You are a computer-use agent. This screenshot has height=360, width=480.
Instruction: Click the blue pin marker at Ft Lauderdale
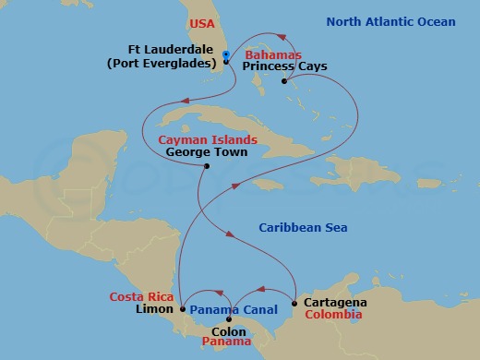pos(226,57)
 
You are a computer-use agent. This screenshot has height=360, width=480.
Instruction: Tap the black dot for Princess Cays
pos(283,81)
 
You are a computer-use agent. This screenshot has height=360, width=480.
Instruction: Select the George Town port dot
pos(206,167)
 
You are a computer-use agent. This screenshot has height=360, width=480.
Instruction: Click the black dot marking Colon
pos(229,319)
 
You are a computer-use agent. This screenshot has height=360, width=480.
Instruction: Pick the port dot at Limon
pos(182,309)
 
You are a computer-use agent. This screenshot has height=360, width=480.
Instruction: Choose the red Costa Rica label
pos(140,296)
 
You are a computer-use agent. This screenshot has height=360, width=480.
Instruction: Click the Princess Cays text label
pos(284,67)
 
